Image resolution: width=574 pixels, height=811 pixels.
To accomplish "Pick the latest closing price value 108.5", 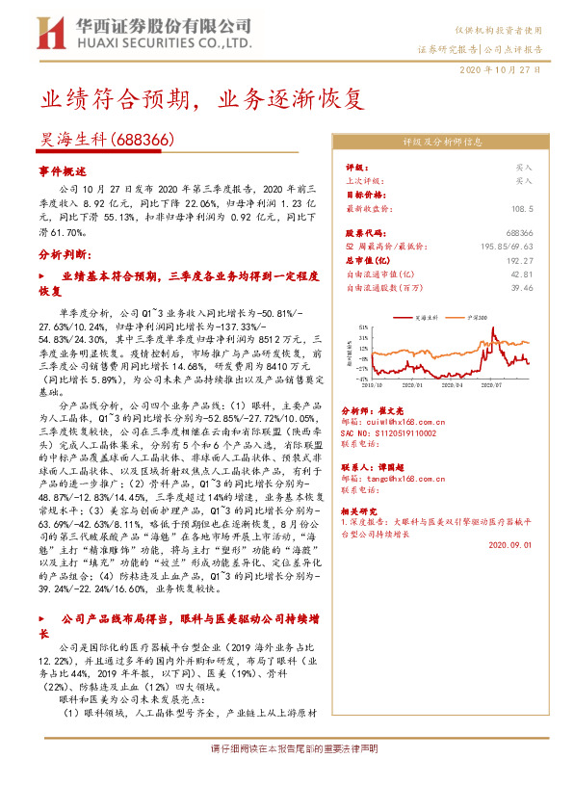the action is click(x=522, y=207).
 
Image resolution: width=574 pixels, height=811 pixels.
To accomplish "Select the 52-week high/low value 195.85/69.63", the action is click(x=508, y=247).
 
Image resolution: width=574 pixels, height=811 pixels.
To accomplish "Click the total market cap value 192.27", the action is click(x=520, y=260).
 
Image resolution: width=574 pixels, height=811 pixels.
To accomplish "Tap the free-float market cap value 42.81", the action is click(x=522, y=274).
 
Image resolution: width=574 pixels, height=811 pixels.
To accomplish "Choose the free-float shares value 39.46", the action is click(x=522, y=287).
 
